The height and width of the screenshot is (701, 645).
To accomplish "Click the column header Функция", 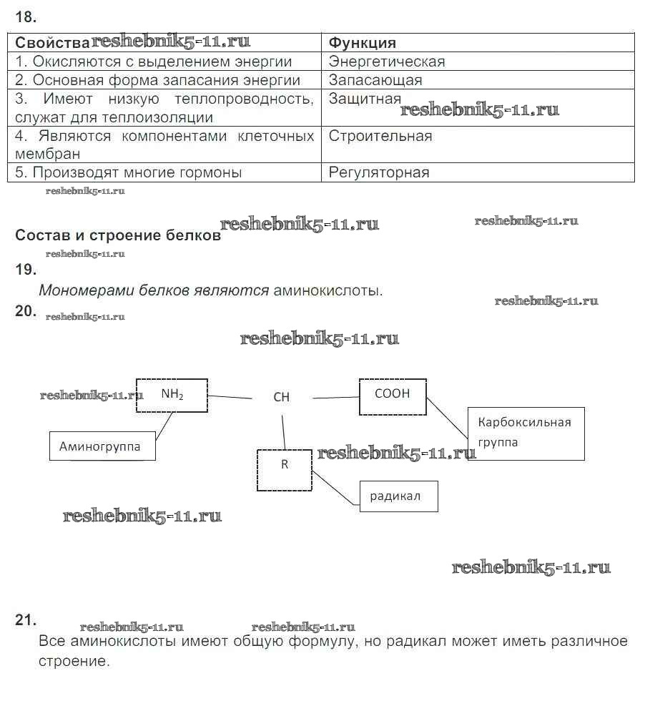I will point(363,43).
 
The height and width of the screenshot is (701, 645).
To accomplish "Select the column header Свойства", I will point(52,43).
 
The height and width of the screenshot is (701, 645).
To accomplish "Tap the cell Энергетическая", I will point(387,62).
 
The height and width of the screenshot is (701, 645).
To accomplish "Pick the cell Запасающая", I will point(375,80).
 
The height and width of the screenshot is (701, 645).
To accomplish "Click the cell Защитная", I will point(365,99).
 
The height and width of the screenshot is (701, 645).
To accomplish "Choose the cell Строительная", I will point(380,136).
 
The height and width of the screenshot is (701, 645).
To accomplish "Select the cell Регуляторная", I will point(379,172).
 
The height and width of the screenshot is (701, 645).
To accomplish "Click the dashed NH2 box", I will point(172,395).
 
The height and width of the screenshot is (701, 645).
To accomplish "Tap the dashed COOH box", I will point(392,396).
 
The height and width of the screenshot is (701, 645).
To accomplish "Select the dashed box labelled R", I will point(285,469).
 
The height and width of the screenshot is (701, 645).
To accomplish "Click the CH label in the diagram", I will point(282,397).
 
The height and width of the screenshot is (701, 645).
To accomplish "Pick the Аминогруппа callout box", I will point(102,446).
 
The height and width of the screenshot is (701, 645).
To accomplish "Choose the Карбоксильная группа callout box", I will point(526,433).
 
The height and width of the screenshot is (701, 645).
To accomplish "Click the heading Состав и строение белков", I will point(118,235).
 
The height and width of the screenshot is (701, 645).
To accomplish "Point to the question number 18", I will point(26,16).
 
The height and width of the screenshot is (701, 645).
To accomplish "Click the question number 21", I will point(26,620).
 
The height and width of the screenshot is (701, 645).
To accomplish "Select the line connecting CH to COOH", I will point(335,397).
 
